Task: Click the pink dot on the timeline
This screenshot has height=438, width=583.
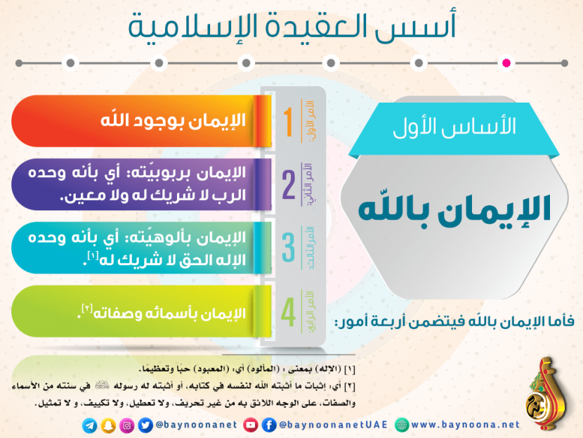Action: [x=506, y=63]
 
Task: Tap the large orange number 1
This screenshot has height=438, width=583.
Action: [x=289, y=122]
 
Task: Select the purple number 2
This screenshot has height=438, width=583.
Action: [x=289, y=185]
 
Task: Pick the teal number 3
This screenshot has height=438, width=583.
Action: [x=289, y=247]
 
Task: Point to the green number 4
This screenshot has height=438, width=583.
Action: [x=289, y=312]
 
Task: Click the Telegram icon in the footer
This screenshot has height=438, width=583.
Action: [x=90, y=426]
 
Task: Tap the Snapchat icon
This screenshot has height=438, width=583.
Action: [x=108, y=426]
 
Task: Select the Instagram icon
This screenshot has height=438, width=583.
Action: [x=127, y=425]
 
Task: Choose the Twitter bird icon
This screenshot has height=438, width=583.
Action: [x=145, y=425]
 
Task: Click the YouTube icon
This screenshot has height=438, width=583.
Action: [x=251, y=425]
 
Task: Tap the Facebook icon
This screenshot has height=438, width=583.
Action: [x=269, y=425]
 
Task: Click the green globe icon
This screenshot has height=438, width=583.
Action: [x=402, y=425]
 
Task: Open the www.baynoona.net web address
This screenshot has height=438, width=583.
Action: [x=465, y=425]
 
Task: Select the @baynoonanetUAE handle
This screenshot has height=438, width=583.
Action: [x=333, y=425]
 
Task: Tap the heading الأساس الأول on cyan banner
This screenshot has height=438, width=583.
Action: [x=454, y=126]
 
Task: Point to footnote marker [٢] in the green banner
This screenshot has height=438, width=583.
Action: [x=87, y=309]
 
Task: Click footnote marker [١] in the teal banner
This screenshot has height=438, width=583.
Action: [x=93, y=256]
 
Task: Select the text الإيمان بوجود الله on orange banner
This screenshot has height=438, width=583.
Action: [x=173, y=120]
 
